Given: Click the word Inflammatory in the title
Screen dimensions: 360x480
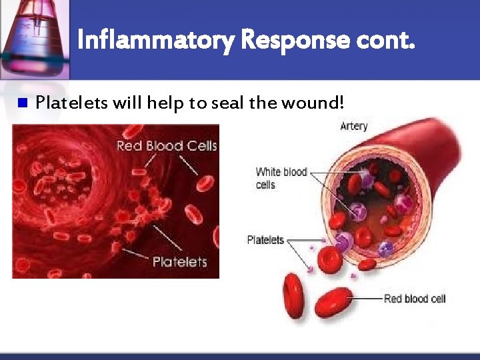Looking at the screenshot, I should pyautogui.click(x=155, y=41).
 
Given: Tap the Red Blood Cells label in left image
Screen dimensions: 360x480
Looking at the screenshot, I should pyautogui.click(x=167, y=146).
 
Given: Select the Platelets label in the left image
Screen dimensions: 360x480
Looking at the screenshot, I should pyautogui.click(x=179, y=262).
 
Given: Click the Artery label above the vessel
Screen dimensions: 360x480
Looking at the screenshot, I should pyautogui.click(x=353, y=126).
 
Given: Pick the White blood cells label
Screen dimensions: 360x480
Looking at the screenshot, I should pyautogui.click(x=281, y=178).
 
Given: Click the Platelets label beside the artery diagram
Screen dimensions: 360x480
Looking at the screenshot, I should pyautogui.click(x=265, y=240).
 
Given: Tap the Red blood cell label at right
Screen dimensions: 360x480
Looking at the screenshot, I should pyautogui.click(x=415, y=299).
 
